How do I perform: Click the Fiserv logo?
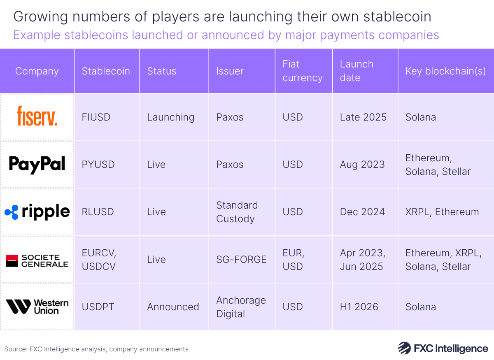pyautogui.click(x=37, y=116)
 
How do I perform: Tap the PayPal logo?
pyautogui.click(x=37, y=164)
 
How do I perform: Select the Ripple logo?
pyautogui.click(x=37, y=211)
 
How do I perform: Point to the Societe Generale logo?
pyautogui.click(x=37, y=260)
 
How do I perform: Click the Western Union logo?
pyautogui.click(x=37, y=307)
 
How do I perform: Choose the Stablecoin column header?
pyautogui.click(x=106, y=71)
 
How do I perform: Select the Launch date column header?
pyautogui.click(x=357, y=71)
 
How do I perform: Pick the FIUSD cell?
pyautogui.click(x=96, y=117)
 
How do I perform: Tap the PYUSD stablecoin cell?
pyautogui.click(x=98, y=165)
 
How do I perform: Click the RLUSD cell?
pyautogui.click(x=98, y=212)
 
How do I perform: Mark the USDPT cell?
pyautogui.click(x=98, y=307)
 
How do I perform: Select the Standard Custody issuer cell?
pyautogui.click(x=237, y=212)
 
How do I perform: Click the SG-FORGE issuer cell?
pyautogui.click(x=241, y=260)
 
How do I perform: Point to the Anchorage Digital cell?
pyautogui.click(x=241, y=307)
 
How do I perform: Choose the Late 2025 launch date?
pyautogui.click(x=363, y=117)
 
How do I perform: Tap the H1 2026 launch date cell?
pyautogui.click(x=359, y=307)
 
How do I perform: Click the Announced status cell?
pyautogui.click(x=173, y=307)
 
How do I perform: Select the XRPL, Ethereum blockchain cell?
pyautogui.click(x=442, y=212)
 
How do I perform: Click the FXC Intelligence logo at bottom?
pyautogui.click(x=443, y=348)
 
